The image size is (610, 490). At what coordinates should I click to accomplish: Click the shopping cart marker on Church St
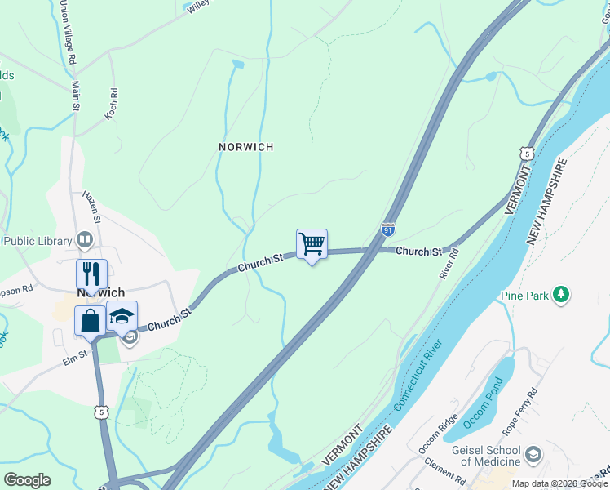coord(312,243)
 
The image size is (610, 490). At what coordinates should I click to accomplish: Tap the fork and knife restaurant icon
coord(91,274)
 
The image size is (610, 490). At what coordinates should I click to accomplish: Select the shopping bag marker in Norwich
coord(89,321)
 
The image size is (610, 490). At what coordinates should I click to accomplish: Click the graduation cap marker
coord(122,316)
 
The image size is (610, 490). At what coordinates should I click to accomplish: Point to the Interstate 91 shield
coord(389,231)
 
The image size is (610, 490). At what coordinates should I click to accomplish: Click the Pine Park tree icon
coord(560,294)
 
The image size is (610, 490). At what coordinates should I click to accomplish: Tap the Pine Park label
coord(524,296)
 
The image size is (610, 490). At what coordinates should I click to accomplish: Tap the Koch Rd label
coord(111,105)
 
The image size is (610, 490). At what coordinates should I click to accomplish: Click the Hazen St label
coord(91,207)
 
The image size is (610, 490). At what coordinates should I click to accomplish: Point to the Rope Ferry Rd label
coord(521,405)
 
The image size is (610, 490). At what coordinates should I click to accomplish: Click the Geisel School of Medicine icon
coord(533,453)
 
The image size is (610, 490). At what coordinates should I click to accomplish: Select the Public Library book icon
coord(84,240)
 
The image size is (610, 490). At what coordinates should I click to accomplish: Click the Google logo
coord(27,480)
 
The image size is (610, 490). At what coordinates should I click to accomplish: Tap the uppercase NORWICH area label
coord(245,147)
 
